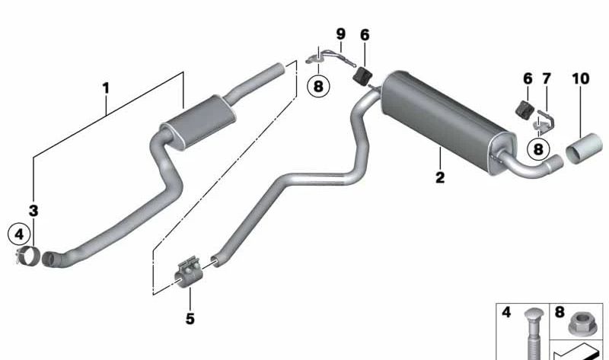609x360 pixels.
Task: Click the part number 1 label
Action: pyautogui.click(x=106, y=89)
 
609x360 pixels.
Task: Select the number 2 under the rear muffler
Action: pyautogui.click(x=440, y=178)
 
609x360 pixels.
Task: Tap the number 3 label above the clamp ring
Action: pyautogui.click(x=33, y=209)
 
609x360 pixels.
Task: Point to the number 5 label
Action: pyautogui.click(x=190, y=318)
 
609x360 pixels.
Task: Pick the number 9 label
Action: pyautogui.click(x=340, y=34)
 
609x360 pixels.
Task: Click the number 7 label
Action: pyautogui.click(x=545, y=78)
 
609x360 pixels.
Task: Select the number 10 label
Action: pyautogui.click(x=580, y=78)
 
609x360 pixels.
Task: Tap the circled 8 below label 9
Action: pyautogui.click(x=317, y=86)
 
